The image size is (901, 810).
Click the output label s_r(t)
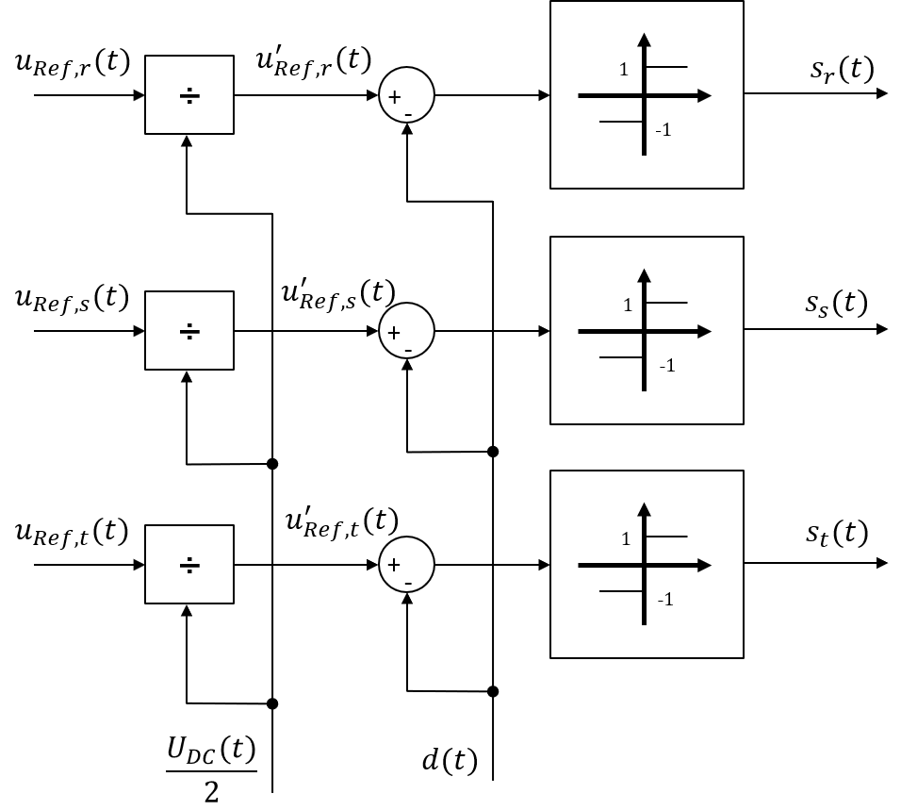click(842, 69)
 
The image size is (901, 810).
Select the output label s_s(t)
click(836, 303)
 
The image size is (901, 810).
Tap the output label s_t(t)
click(837, 533)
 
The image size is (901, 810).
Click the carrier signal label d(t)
click(450, 760)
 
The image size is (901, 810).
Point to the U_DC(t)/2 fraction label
click(211, 769)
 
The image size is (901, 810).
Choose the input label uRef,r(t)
click(73, 61)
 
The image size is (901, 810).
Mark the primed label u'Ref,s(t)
click(338, 294)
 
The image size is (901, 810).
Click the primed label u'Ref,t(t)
click(342, 522)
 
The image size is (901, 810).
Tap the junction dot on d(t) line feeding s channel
click(493, 452)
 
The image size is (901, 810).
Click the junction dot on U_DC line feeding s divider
click(272, 464)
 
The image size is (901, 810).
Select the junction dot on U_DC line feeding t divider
click(272, 703)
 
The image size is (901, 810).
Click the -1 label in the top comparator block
click(663, 130)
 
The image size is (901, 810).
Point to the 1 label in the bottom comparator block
click(626, 539)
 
